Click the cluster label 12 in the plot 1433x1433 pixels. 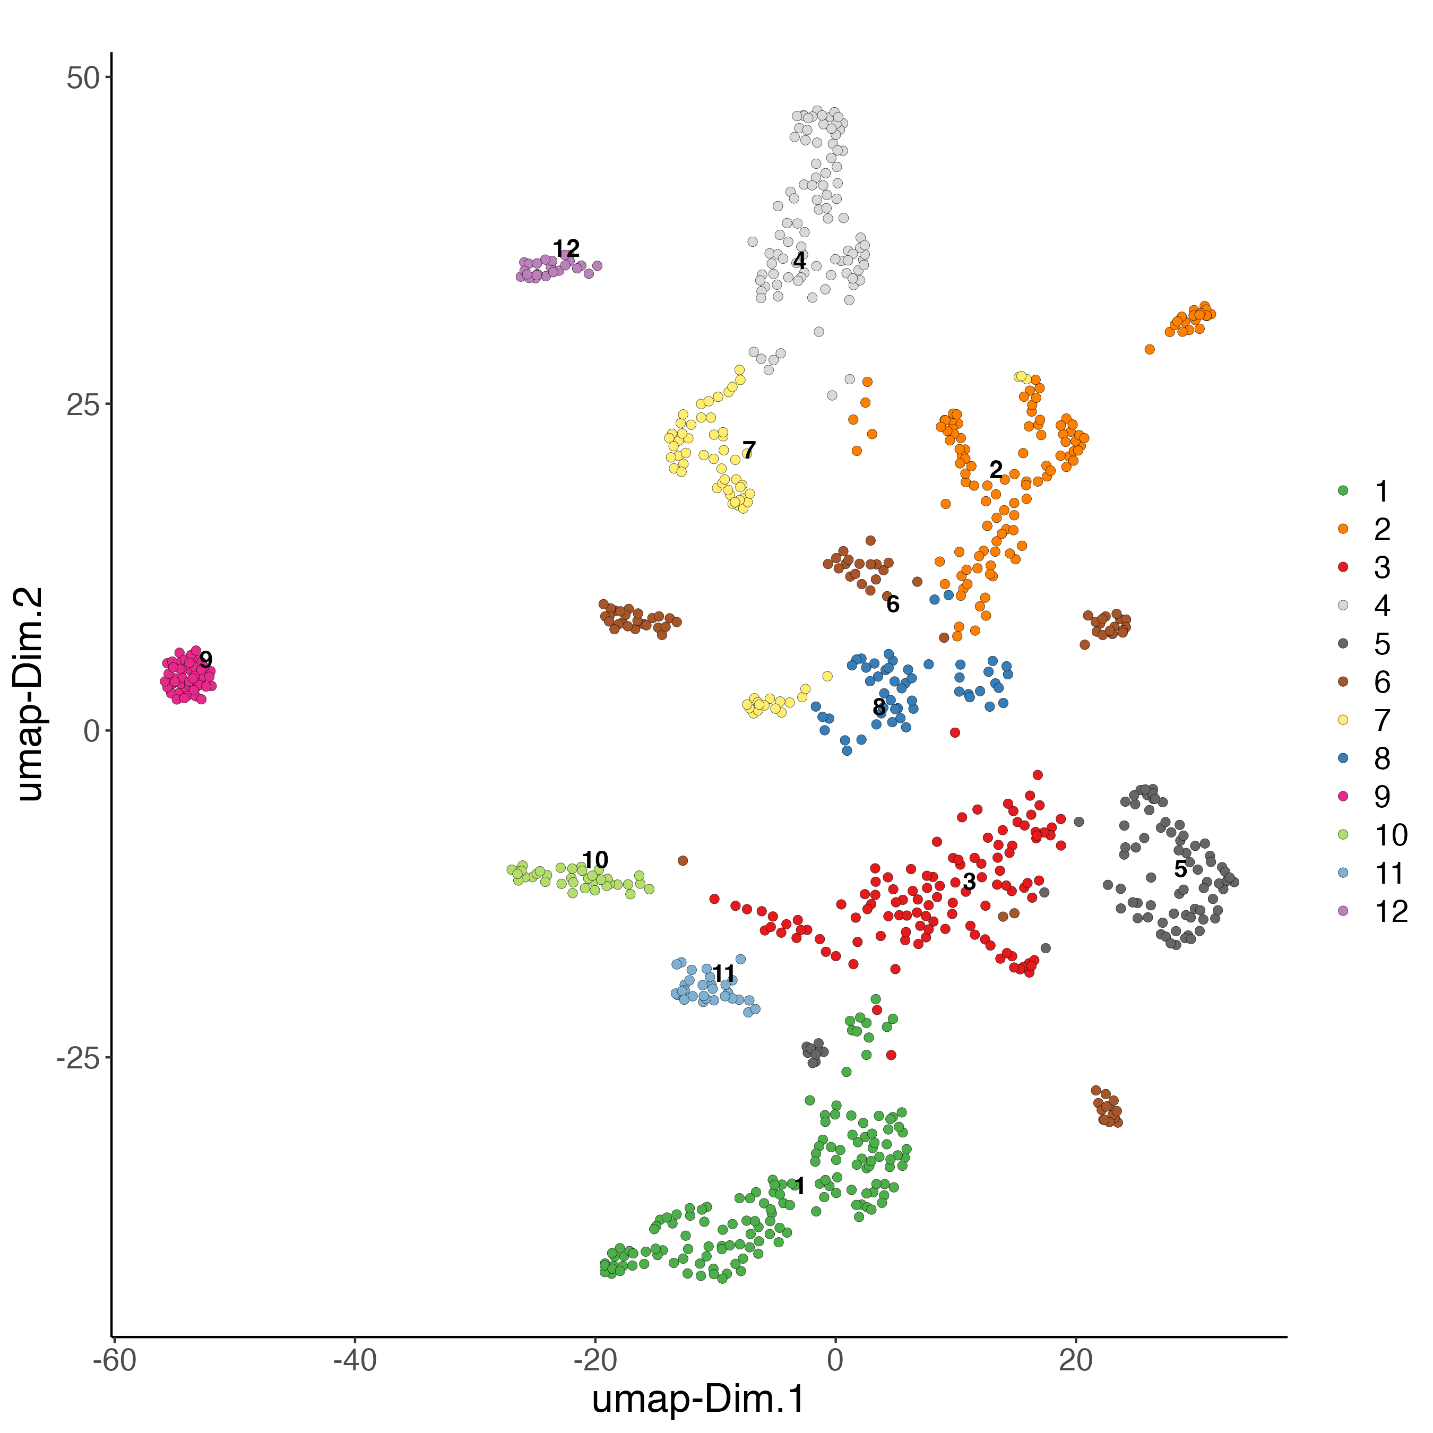[x=566, y=248]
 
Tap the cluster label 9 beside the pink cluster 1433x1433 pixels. [x=205, y=659]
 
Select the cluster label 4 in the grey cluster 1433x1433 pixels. [x=799, y=261]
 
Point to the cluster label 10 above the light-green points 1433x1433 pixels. [x=595, y=860]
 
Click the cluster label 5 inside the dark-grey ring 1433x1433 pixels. [x=1180, y=868]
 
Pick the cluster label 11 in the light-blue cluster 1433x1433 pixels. [x=723, y=974]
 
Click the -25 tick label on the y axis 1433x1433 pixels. [x=78, y=1058]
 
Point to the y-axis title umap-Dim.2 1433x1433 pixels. [x=31, y=694]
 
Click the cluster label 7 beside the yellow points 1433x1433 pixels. [x=748, y=450]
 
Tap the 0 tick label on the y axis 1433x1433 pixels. [x=92, y=731]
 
